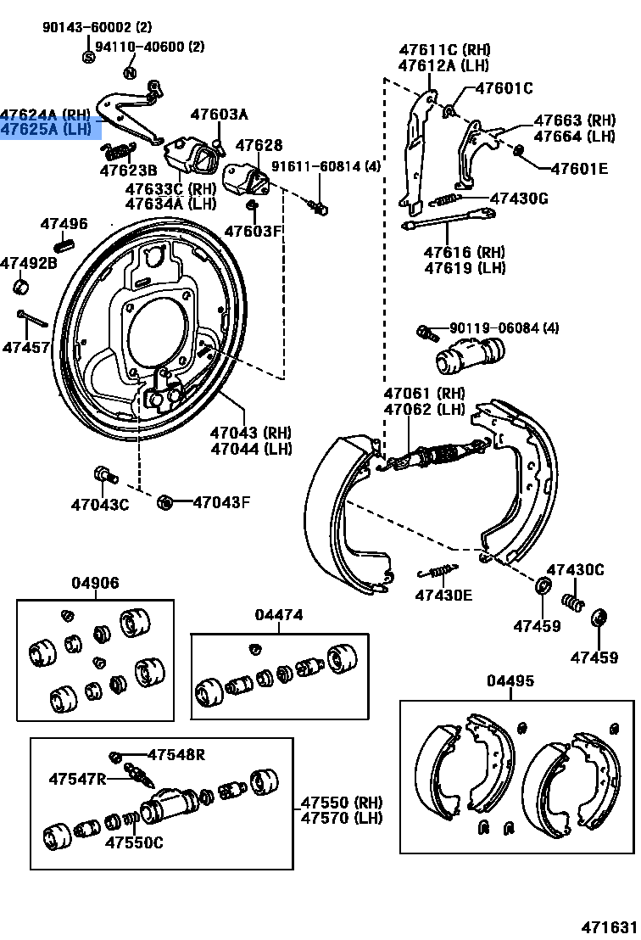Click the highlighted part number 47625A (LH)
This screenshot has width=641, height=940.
(x=46, y=129)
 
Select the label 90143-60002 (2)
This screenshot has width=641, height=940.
(x=97, y=27)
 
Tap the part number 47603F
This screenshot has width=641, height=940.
(x=252, y=231)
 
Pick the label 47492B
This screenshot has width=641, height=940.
(x=28, y=263)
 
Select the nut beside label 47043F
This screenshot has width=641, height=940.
(x=165, y=503)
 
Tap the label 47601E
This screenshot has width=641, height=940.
(x=579, y=169)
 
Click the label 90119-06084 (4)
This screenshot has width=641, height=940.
(x=504, y=327)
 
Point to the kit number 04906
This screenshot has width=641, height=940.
(x=95, y=584)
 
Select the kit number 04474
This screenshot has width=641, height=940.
(x=279, y=615)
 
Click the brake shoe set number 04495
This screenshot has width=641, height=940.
(x=510, y=681)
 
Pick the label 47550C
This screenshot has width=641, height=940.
(x=134, y=842)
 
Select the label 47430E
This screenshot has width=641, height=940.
(x=443, y=595)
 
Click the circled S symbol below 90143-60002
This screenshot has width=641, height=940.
(x=88, y=57)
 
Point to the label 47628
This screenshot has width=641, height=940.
(x=259, y=146)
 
